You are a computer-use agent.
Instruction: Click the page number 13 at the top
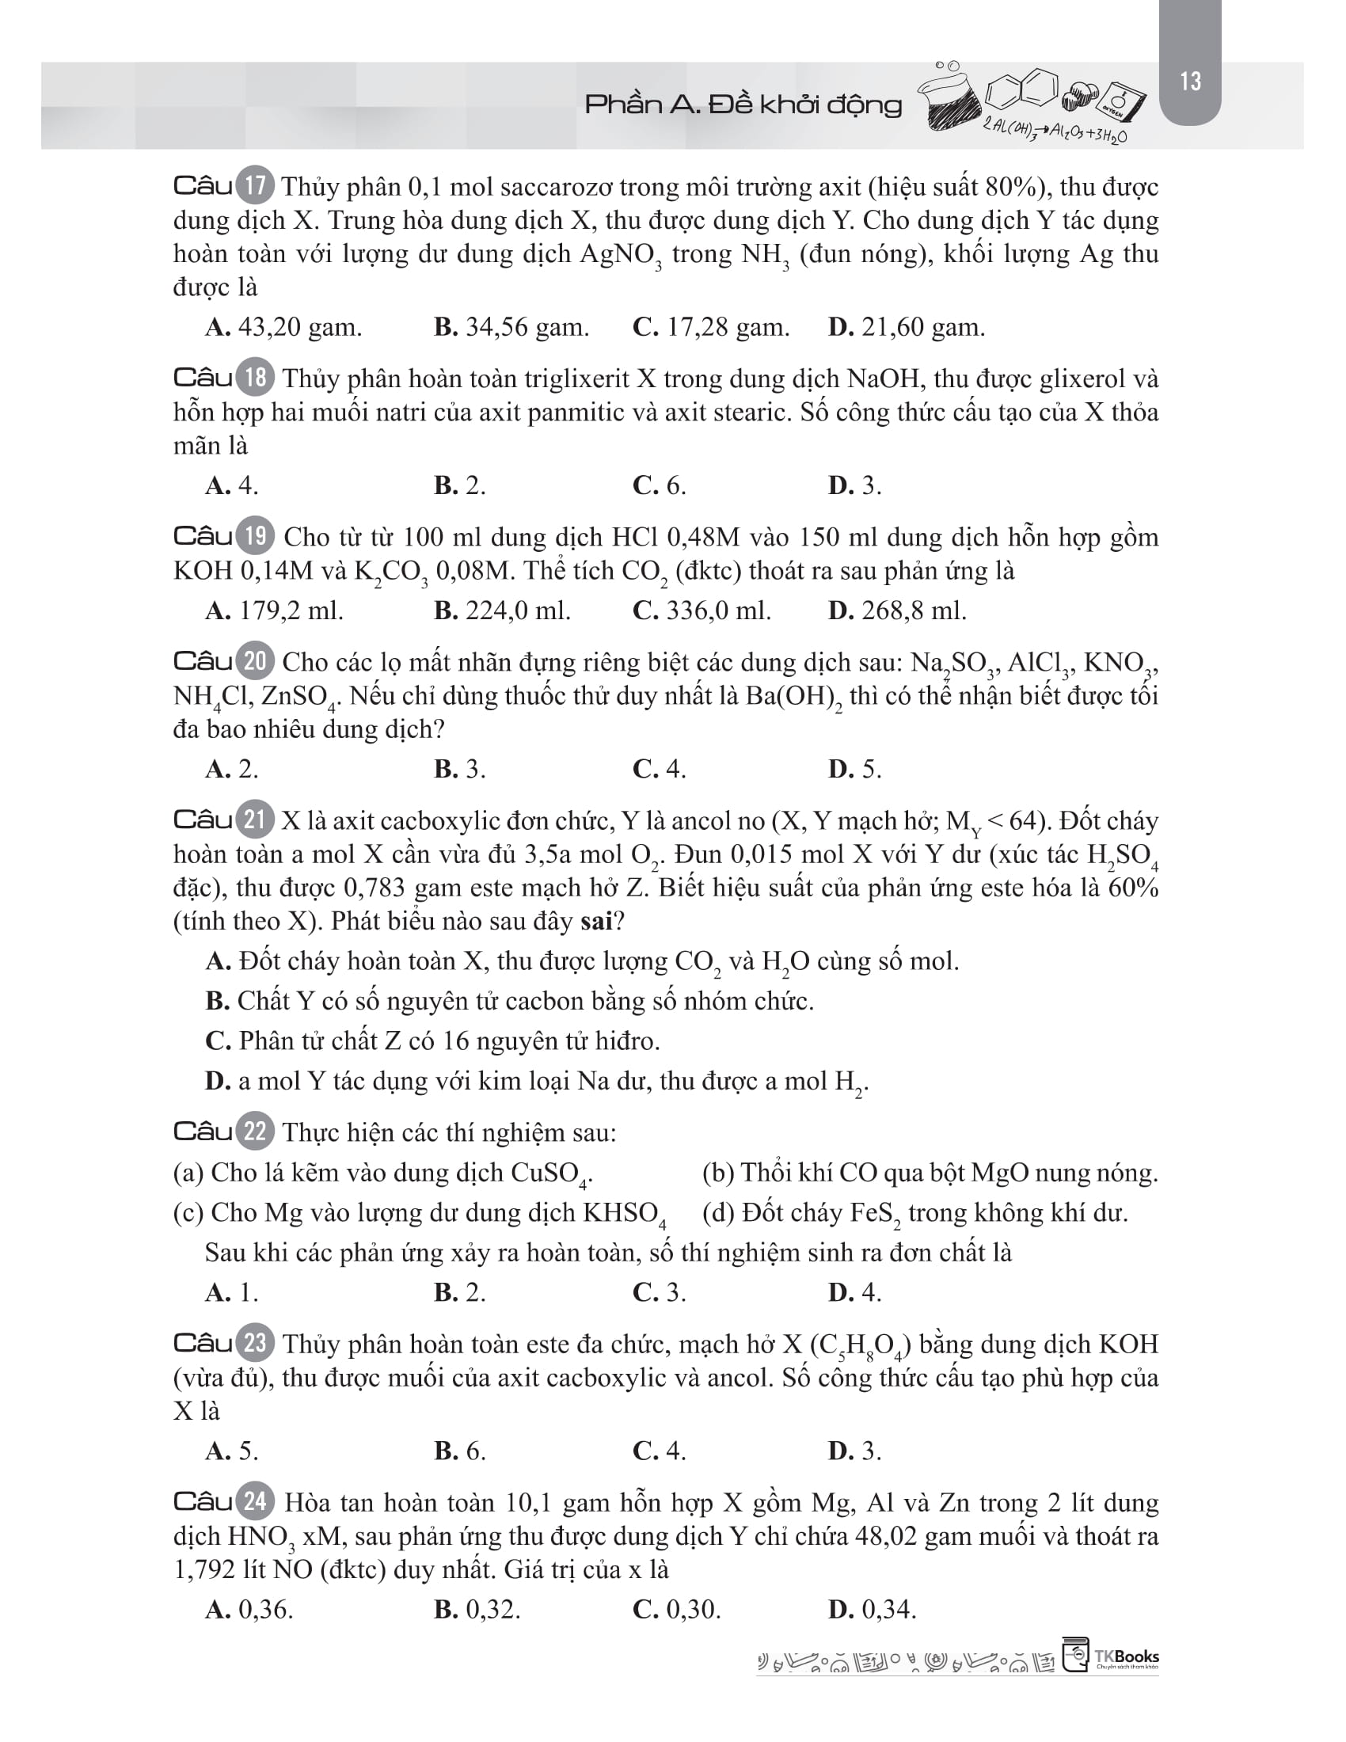click(x=1190, y=82)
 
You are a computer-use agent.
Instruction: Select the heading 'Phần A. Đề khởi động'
click(x=743, y=105)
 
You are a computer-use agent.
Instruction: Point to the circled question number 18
click(x=255, y=376)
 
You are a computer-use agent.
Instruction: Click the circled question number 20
click(x=255, y=661)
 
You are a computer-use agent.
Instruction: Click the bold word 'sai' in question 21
click(x=595, y=921)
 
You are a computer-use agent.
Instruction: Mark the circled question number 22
click(x=255, y=1132)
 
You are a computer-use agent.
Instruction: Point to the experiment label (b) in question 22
click(x=717, y=1173)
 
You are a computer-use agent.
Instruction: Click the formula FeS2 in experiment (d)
click(x=876, y=1213)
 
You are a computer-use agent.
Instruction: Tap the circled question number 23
click(x=255, y=1343)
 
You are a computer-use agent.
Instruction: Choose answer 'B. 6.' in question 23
click(x=460, y=1450)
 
